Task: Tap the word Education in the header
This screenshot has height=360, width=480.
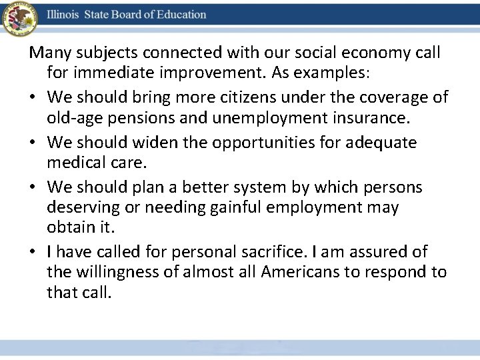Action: coord(177,14)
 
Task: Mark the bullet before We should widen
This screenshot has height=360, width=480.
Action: coord(33,143)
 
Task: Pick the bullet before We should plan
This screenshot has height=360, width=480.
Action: coord(33,188)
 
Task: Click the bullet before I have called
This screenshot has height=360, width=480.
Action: coord(33,252)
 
